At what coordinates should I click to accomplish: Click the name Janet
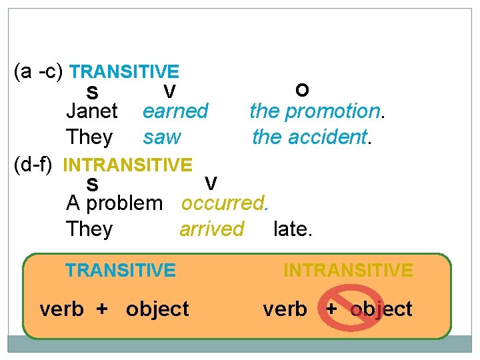[x=92, y=111]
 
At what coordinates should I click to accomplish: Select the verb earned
[x=175, y=111]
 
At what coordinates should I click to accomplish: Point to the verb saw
[x=161, y=137]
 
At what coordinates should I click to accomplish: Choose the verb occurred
[x=225, y=203]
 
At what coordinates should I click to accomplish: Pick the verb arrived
[x=211, y=229]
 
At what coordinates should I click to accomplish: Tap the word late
[x=293, y=229]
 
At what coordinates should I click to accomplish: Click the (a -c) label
[x=39, y=71]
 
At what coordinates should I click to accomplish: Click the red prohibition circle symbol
[x=351, y=307]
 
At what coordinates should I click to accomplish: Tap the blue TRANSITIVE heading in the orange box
[x=120, y=270]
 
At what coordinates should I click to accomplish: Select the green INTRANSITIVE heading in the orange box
[x=348, y=270]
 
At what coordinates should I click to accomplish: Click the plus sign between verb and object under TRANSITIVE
[x=102, y=309]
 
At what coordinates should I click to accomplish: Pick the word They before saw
[x=89, y=137]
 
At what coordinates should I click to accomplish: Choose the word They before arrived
[x=89, y=229]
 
